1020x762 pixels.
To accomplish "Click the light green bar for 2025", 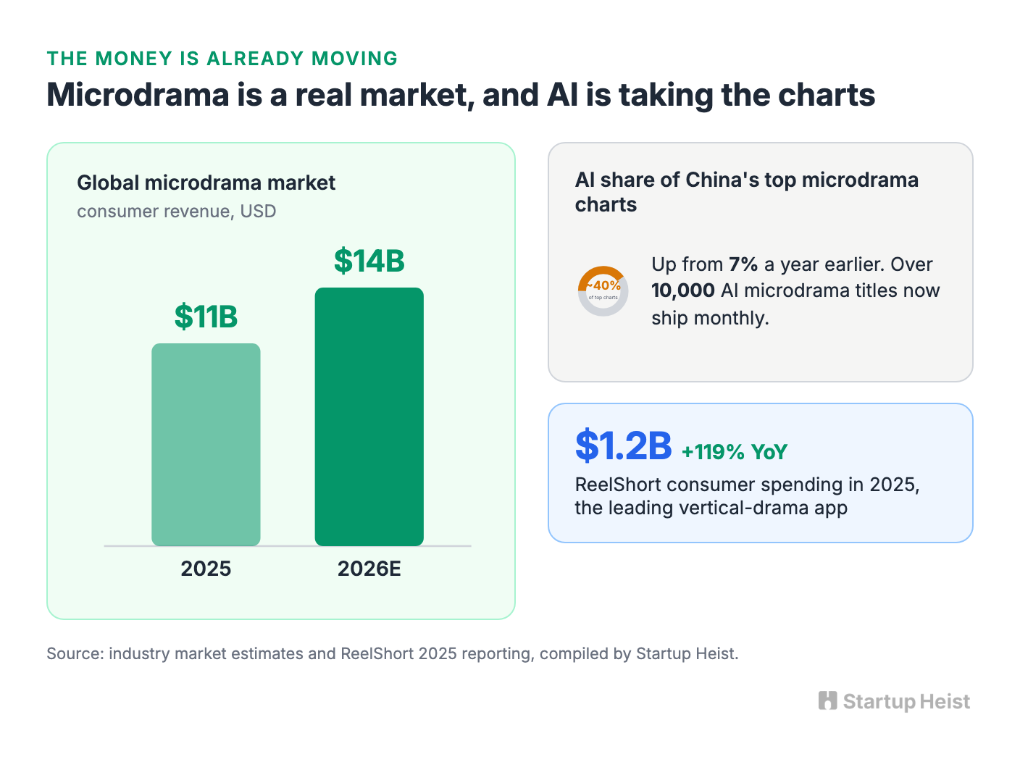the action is coord(206,445).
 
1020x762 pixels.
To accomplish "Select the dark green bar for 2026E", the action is coord(369,416).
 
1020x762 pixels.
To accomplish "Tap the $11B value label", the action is coord(206,317).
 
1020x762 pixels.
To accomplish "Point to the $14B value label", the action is coord(369,261).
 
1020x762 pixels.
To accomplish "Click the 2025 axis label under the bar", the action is coord(206,569).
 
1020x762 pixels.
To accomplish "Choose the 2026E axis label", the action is coord(369,569).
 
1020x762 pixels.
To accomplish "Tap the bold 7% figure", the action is coord(743,264).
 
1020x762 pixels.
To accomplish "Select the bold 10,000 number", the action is coord(682,291).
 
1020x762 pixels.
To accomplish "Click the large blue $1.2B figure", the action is coord(623,445).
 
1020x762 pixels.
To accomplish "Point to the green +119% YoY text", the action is coord(735,452).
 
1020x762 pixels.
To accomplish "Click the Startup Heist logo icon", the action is coord(827,701).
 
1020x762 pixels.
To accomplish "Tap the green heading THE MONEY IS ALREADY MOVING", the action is coord(222,59).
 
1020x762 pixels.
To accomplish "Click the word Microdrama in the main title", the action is coord(138,95).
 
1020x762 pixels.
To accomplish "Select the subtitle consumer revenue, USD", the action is coord(177,212).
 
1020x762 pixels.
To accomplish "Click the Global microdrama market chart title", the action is coord(206,183).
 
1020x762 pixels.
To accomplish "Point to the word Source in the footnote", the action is coord(75,654).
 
